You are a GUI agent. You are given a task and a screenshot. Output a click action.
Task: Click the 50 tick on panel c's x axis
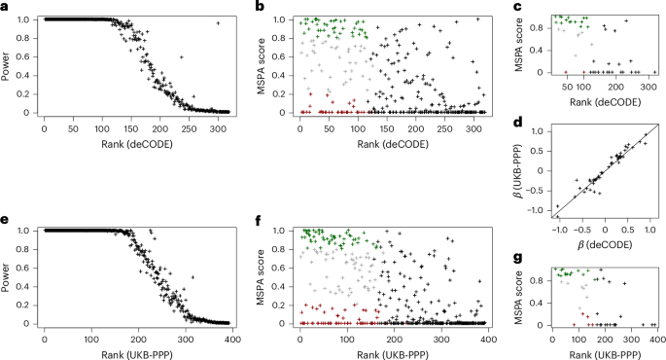tap(566, 87)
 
